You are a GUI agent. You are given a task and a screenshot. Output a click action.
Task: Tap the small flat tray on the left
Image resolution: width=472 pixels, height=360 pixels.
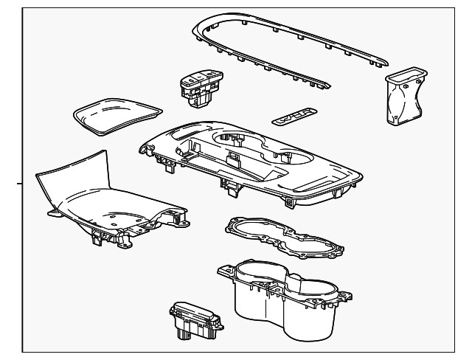[116, 114]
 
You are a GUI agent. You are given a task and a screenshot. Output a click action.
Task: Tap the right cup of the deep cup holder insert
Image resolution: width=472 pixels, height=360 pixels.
[313, 302]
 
